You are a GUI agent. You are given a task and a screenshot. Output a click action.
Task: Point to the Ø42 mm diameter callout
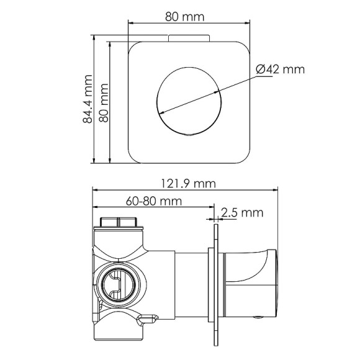[x=280, y=70]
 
